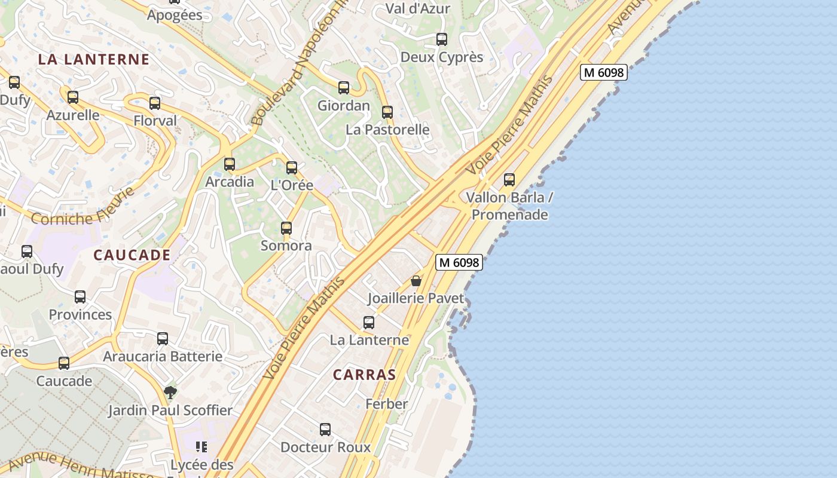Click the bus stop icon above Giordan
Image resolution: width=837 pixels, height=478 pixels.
(x=344, y=88)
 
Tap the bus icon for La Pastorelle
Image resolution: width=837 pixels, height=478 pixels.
(x=387, y=112)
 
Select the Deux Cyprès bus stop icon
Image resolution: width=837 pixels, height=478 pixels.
(x=442, y=39)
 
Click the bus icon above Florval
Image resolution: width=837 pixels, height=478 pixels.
(x=155, y=103)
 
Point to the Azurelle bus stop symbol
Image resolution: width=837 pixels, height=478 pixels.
(x=73, y=97)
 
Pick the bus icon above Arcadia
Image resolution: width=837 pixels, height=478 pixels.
(x=230, y=164)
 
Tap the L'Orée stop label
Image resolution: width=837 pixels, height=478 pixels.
(x=292, y=185)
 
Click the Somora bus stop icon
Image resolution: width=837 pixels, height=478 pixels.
(x=286, y=228)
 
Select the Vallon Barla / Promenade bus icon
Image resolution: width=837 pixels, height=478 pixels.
(x=509, y=179)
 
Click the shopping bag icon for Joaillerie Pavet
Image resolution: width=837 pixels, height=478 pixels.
(x=416, y=280)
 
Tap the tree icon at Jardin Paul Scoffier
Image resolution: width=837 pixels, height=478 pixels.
(x=170, y=393)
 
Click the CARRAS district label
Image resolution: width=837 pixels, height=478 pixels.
(x=364, y=375)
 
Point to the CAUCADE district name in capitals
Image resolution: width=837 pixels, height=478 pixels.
(x=132, y=255)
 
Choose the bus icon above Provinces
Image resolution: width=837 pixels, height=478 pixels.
(x=80, y=297)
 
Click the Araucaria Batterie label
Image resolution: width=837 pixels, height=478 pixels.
(x=163, y=357)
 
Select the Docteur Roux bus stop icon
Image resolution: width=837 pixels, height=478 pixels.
(x=325, y=430)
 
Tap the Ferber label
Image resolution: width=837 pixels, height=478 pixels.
(x=387, y=404)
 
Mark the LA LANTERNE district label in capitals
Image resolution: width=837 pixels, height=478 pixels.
(x=93, y=59)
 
